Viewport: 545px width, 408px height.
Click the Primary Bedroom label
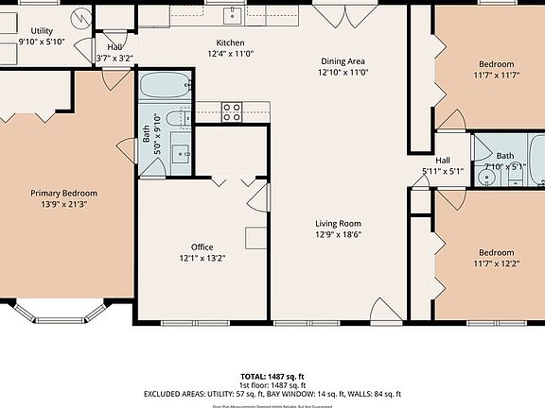[63, 193]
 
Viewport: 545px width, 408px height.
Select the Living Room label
[339, 224]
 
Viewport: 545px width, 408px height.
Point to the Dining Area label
[341, 60]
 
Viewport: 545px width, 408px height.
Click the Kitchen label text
[231, 43]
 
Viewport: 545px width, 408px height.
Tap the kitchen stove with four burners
[232, 112]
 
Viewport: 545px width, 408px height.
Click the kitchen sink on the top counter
[233, 14]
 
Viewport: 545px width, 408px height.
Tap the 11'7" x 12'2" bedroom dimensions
[496, 263]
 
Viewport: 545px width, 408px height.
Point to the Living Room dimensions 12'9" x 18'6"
[339, 234]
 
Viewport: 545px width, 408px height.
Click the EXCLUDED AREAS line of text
[272, 393]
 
